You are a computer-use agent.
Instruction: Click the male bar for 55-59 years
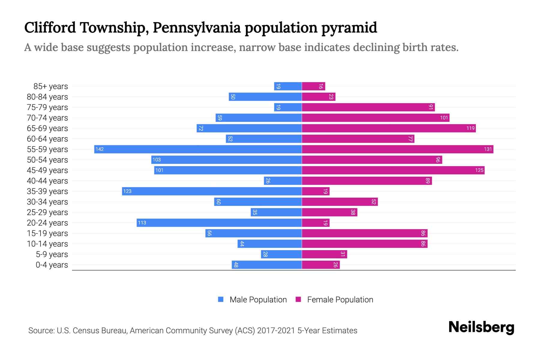tap(198, 149)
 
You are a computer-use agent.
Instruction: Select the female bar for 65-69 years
tap(388, 128)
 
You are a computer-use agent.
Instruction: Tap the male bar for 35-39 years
tap(212, 191)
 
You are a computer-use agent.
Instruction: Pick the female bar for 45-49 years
tap(393, 170)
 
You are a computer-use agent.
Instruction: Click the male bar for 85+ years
tap(288, 86)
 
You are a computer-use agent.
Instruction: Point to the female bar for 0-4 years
tap(321, 265)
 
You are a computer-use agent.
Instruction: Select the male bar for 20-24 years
tap(219, 223)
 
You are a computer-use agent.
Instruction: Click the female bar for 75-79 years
tap(368, 107)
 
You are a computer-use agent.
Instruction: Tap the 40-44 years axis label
tap(47, 181)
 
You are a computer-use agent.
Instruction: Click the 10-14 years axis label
tap(47, 244)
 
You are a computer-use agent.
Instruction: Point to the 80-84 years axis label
tap(47, 97)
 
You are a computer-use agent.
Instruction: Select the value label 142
tap(100, 149)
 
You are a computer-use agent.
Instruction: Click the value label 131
tap(488, 149)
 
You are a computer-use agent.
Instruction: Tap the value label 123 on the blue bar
tap(127, 191)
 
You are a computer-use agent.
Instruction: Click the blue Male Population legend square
tap(221, 299)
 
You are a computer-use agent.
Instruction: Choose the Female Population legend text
tap(340, 299)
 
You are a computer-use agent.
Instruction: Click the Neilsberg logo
tap(481, 327)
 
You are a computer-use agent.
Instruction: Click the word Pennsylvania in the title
tap(196, 28)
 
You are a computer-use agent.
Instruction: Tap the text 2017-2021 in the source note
tap(276, 331)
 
